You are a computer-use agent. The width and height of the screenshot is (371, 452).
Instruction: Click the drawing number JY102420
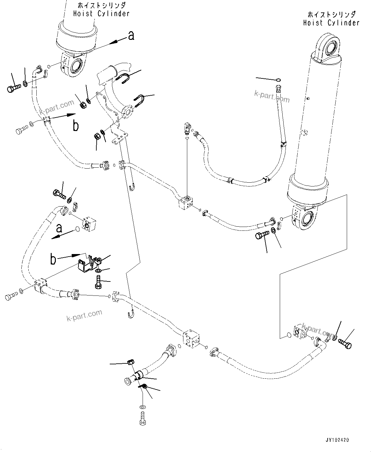pyautogui.click(x=337, y=440)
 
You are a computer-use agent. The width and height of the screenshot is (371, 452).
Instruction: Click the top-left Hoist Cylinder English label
pyautogui.click(x=101, y=13)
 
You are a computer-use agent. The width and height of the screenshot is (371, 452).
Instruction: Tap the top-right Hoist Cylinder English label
pyautogui.click(x=331, y=23)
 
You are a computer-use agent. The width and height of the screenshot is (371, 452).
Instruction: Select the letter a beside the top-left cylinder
pyautogui.click(x=131, y=36)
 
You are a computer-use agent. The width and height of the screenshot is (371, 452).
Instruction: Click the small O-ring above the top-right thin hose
pyautogui.click(x=278, y=80)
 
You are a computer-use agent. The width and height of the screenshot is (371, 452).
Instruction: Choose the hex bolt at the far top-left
pyautogui.click(x=12, y=88)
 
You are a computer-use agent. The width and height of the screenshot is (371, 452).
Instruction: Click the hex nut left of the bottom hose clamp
pyautogui.click(x=130, y=362)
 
